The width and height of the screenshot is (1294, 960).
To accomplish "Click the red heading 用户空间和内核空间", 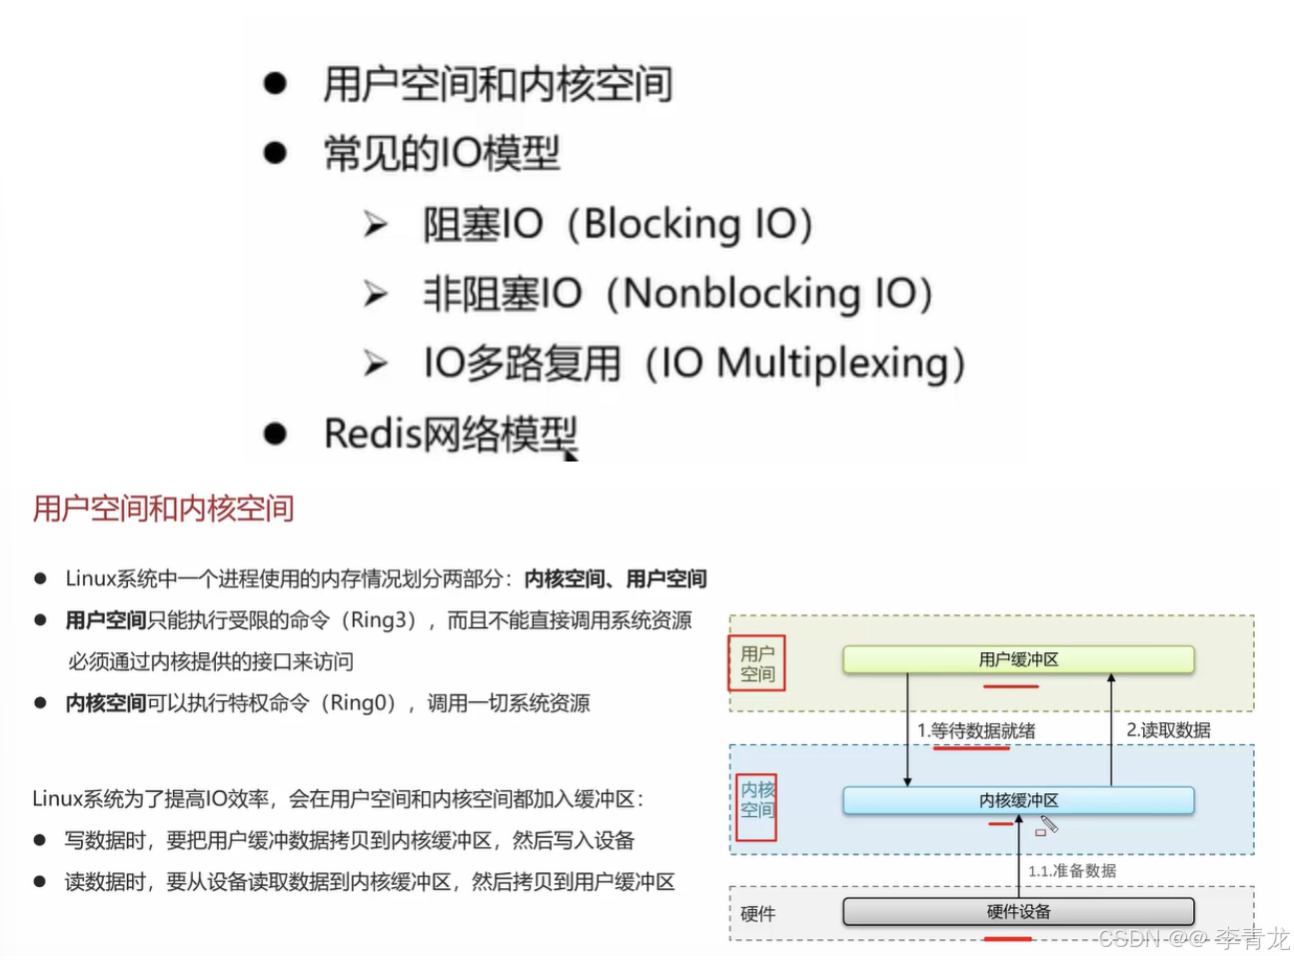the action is (x=163, y=508).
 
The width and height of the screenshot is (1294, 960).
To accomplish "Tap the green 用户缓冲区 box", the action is (x=1018, y=659).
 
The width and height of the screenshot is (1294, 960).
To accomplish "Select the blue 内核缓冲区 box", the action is (x=1018, y=800).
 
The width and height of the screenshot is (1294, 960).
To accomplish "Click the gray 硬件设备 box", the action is (x=1018, y=911).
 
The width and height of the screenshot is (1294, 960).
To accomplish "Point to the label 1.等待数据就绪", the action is (x=976, y=730).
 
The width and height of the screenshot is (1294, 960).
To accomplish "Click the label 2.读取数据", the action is (x=1168, y=730).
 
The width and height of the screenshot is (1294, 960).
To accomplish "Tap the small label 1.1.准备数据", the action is (x=1072, y=871).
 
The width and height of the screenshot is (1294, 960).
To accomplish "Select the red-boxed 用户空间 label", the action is (x=757, y=664).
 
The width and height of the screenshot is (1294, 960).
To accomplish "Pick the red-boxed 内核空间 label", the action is (x=757, y=799).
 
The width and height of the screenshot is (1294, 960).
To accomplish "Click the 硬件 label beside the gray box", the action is (x=757, y=914).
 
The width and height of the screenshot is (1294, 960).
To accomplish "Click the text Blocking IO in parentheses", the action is (x=697, y=224).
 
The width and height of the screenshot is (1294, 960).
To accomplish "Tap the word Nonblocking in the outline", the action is (x=741, y=294).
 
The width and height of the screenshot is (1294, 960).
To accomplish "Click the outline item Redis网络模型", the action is (x=451, y=434).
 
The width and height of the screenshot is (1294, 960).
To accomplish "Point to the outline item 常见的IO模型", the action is (x=441, y=154).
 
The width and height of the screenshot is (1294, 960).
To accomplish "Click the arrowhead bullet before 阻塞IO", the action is (x=376, y=224).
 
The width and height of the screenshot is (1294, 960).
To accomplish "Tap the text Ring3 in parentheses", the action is (x=378, y=620).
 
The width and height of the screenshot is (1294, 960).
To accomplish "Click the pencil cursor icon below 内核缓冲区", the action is (x=1047, y=825).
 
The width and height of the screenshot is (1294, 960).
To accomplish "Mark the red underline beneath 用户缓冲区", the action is (x=1010, y=687).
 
